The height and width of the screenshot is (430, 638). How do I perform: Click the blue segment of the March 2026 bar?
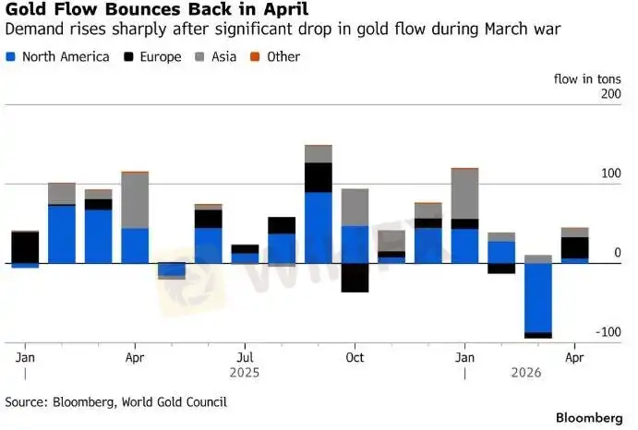[538, 298]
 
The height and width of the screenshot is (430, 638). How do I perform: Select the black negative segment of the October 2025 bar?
[355, 278]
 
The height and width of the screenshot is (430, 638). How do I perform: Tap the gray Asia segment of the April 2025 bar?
[135, 200]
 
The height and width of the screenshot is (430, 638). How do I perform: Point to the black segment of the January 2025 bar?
[25, 247]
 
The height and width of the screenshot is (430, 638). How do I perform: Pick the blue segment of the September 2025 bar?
[319, 228]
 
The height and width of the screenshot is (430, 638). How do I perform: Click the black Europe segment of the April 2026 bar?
[574, 247]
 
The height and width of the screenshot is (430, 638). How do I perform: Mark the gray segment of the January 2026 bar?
[464, 194]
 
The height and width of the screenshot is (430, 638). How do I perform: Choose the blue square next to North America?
[10, 57]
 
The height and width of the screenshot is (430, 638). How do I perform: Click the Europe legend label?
[161, 57]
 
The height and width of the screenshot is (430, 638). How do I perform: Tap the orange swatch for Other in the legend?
[255, 57]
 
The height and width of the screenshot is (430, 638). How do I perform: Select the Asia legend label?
[223, 57]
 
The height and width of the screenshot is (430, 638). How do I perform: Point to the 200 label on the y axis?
[610, 94]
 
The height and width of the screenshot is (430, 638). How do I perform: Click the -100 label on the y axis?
[608, 332]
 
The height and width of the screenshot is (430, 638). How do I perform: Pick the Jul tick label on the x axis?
[245, 358]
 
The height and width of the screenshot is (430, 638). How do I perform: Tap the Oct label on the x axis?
[355, 358]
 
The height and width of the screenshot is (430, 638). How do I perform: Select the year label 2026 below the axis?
[526, 373]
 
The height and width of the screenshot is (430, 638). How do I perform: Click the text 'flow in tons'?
[587, 79]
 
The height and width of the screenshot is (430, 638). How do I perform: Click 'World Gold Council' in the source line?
[175, 402]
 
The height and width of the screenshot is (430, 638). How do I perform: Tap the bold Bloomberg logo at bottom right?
[589, 418]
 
